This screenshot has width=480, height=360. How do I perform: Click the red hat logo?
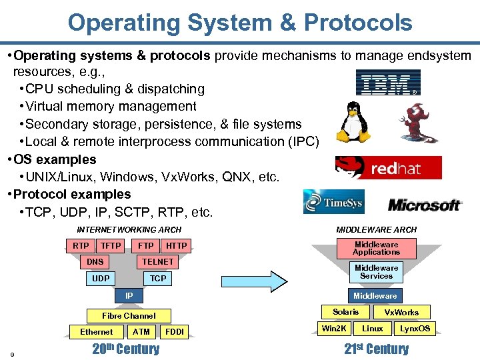coord(388,168)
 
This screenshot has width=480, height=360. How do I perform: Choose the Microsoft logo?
coord(424,205)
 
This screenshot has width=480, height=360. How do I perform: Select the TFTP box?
coord(111,246)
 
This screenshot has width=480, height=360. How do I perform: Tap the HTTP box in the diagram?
coord(177,246)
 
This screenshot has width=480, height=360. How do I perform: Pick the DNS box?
coord(95,262)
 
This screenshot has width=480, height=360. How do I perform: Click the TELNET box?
coord(157,262)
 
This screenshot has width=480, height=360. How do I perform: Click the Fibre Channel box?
coord(129,316)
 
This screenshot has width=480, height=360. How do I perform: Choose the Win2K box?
coord(334,329)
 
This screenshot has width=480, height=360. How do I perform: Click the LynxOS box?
coord(415,329)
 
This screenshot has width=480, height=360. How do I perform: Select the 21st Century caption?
coord(377,349)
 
